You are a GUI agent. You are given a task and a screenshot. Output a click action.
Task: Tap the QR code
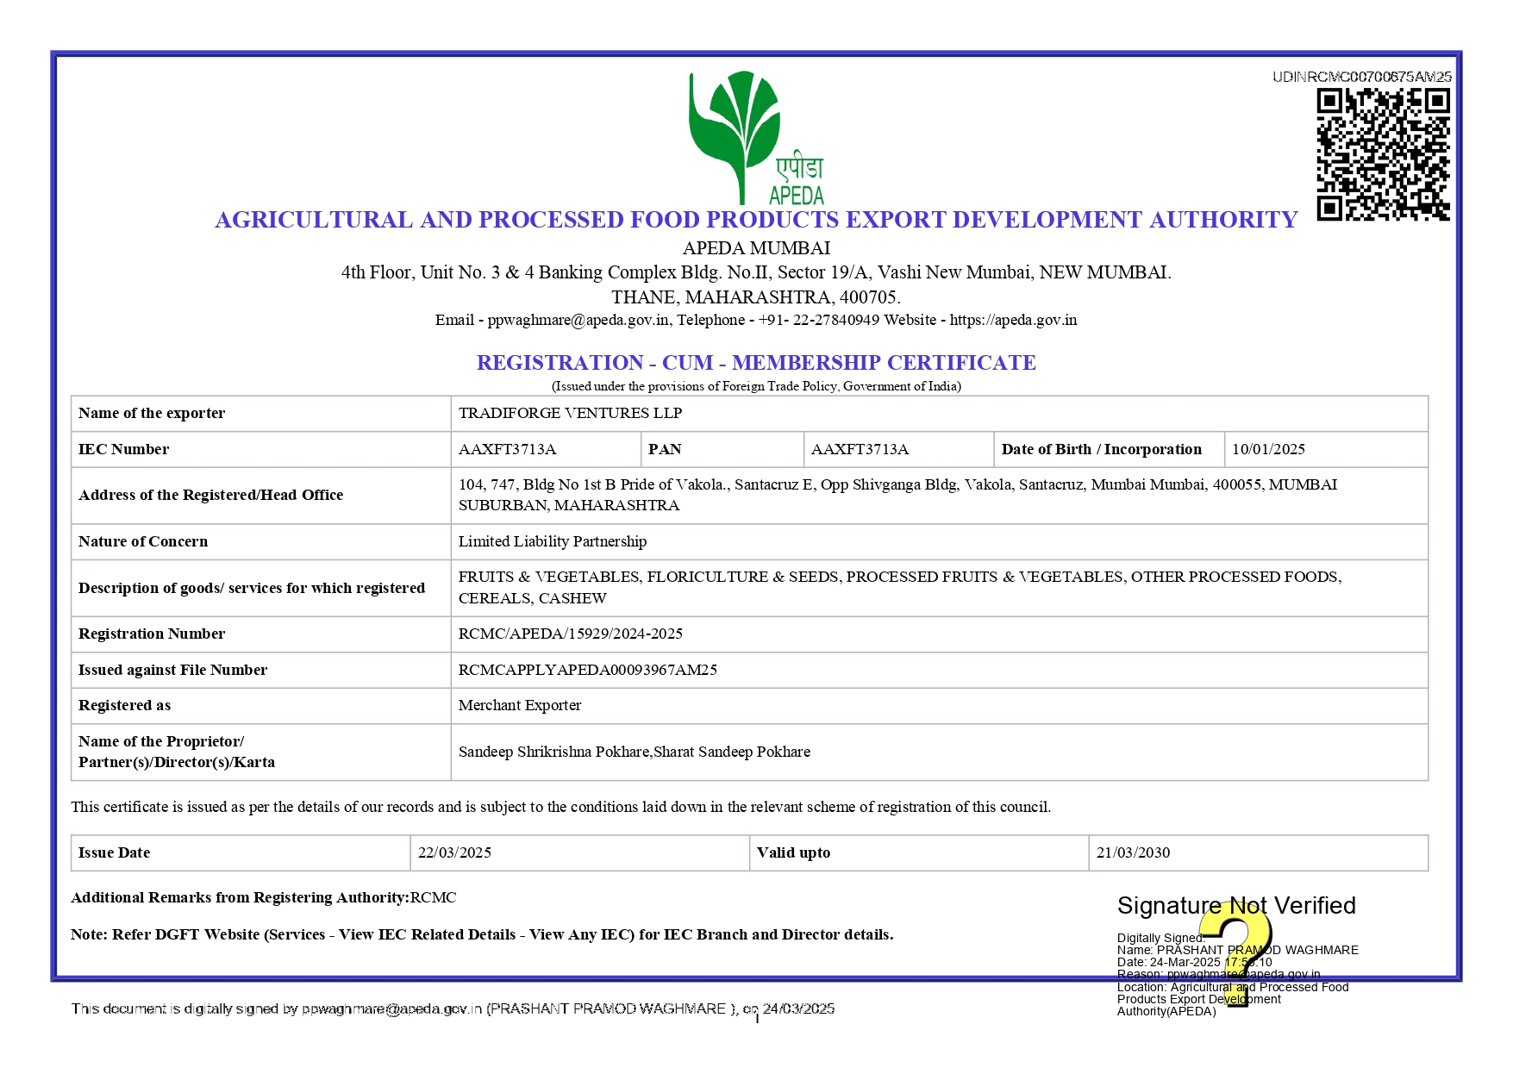tap(1383, 154)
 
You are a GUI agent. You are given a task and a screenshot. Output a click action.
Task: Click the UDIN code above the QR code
tap(1361, 77)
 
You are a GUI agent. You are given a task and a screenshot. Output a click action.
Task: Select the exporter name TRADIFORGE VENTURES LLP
tap(570, 413)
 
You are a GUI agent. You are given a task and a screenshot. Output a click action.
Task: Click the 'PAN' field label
tap(665, 449)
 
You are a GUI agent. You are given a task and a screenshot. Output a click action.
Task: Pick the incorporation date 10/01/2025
tap(1268, 449)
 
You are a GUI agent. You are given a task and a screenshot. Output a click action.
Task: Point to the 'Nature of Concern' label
tap(143, 541)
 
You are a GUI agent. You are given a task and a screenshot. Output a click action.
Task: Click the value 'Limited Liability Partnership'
tap(553, 541)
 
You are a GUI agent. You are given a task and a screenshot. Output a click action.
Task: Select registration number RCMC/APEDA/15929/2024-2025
tap(571, 634)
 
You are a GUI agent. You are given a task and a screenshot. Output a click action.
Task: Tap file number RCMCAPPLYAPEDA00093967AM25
tap(588, 670)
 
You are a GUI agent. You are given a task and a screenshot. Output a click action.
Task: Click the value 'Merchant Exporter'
tap(520, 705)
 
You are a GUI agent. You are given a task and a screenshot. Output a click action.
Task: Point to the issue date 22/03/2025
tap(454, 852)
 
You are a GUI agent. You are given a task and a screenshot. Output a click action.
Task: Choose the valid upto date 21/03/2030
tap(1133, 852)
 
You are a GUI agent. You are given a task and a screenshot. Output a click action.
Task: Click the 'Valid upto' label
tap(793, 852)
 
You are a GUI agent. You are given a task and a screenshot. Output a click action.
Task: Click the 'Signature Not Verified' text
tap(1236, 905)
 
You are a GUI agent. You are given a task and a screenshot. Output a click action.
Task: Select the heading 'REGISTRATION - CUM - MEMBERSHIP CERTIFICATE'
tap(756, 363)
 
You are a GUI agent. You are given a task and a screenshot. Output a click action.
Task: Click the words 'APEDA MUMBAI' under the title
tap(756, 248)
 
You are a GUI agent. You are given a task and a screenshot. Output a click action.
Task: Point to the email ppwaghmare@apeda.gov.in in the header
tap(578, 320)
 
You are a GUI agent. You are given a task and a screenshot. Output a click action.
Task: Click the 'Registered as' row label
tap(125, 705)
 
